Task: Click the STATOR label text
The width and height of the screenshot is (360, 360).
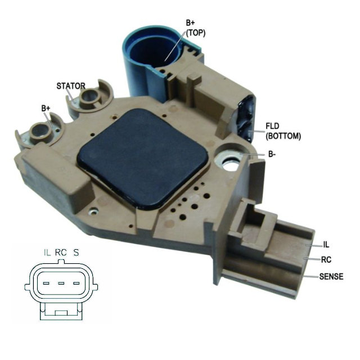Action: point(71,86)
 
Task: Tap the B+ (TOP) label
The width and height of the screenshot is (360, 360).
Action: point(195,28)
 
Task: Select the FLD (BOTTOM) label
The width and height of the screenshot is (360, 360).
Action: point(283,131)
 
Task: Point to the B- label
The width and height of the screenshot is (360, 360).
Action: point(272,154)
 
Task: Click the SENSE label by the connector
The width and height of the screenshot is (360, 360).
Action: point(331,276)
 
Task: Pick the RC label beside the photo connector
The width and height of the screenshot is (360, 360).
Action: point(326,260)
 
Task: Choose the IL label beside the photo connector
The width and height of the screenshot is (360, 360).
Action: point(326,245)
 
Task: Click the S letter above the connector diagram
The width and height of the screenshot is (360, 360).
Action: point(76,253)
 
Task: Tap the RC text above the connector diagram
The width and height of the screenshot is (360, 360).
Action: point(61,253)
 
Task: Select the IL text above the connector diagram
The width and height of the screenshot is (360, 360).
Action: point(47,253)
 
